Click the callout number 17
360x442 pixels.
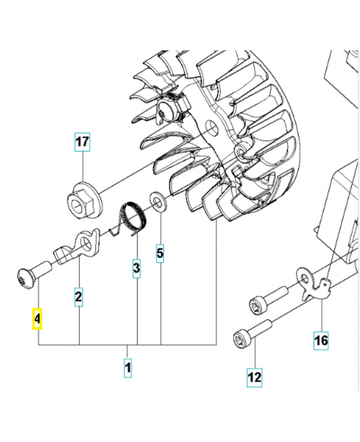pos(82,142)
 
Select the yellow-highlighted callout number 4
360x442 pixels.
pos(37,319)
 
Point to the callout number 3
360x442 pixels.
pos(136,269)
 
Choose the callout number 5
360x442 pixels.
pos(160,254)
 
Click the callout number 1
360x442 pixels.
pos(128,366)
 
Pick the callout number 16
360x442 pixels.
pos(321,340)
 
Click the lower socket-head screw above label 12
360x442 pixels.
pos(251,331)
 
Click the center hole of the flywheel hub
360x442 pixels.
pos(210,129)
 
